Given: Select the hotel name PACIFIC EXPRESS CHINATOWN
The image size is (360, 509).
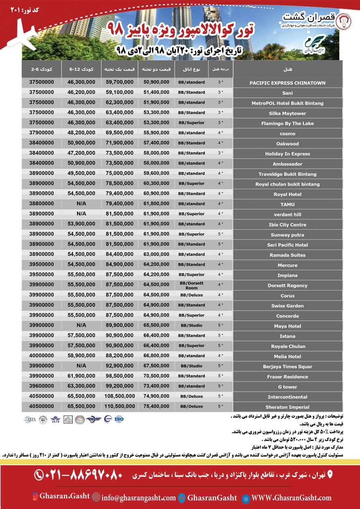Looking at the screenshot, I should point(287,83).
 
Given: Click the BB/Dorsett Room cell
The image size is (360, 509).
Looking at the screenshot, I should point(191,285).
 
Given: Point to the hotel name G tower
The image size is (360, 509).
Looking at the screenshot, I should point(287,387).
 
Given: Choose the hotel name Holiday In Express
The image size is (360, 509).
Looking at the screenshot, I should point(287,154).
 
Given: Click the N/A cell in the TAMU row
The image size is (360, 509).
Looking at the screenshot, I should point(81,204).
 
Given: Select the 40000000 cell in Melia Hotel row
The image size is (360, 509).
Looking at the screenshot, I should point(41,356).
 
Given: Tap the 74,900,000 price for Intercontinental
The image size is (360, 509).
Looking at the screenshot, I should point(156,397).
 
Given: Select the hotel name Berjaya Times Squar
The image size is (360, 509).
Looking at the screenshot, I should point(287,367).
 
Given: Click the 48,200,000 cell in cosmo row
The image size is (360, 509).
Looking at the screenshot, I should point(81,133).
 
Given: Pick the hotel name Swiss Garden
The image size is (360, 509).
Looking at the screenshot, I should point(287,306).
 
